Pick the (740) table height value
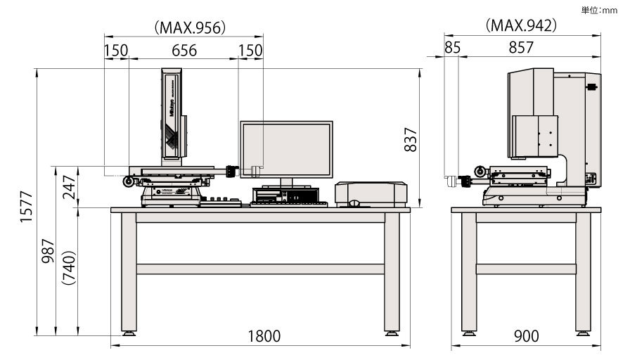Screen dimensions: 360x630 pos(67,268)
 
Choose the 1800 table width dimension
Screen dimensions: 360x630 pos(264,336)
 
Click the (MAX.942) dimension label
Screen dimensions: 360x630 pos(521,25)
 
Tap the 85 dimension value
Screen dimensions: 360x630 pos(452,49)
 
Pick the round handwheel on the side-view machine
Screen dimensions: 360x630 pos(479,171)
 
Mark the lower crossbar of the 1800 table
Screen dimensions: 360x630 pos(260,269)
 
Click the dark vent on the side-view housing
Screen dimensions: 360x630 pos(591,87)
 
